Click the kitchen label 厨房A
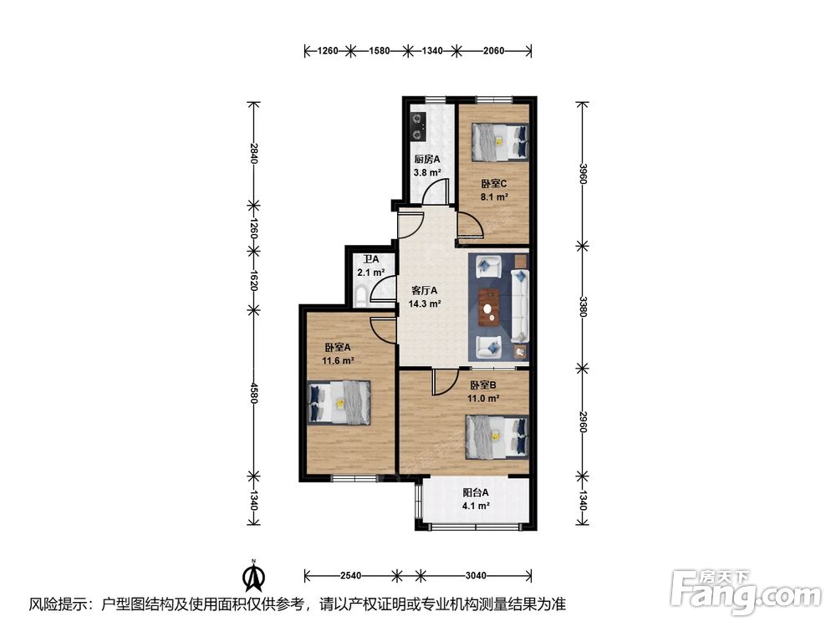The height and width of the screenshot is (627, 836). pos(427,159)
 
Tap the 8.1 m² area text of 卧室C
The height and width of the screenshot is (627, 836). pos(494,196)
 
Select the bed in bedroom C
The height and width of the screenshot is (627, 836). pos(500,142)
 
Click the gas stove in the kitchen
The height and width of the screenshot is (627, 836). pos(416,127)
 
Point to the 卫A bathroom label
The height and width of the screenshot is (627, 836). pos(371,259)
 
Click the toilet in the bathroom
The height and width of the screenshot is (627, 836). pos(361,295)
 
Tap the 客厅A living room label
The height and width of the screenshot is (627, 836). pos(425,291)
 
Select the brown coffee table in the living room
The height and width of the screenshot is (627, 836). pos(489,307)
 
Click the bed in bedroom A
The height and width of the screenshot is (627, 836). pos(339,402)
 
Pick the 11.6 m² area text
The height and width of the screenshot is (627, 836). pos(338,360)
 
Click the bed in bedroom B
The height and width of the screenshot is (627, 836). pos(497,436)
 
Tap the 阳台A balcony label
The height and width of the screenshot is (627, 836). pos(476,492)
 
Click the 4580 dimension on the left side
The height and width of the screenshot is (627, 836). pos(254,392)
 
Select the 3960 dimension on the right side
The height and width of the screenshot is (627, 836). pos(583,173)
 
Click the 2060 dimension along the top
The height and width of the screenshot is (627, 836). pos(494,51)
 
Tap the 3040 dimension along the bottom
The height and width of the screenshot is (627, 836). pos(476,575)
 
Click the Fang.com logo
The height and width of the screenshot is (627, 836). pos(746,592)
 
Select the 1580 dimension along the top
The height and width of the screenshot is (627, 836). pos(379,51)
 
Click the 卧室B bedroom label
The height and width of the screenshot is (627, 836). pos(483,385)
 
